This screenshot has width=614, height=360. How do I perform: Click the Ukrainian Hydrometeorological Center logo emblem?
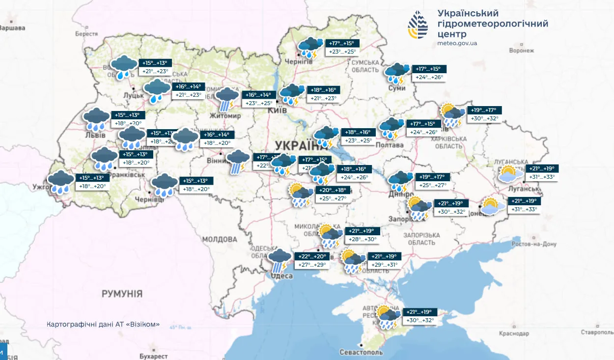tap(418, 25)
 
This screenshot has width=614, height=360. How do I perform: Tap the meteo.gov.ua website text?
tap(457, 43)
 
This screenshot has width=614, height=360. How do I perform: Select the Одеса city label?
tap(282, 276)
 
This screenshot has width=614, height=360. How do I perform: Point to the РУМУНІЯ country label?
tap(122, 294)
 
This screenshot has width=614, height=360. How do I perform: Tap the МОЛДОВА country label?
tap(220, 239)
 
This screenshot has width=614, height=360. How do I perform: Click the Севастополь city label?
tap(361, 352)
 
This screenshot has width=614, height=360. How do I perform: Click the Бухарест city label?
tap(153, 356)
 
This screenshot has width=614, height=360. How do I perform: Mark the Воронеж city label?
tap(521, 51)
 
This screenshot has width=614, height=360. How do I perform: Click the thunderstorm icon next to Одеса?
tap(280, 260)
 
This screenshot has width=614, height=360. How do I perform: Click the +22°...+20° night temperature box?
tap(312, 256)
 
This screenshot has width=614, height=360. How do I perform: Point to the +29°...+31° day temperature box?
tap(385, 265)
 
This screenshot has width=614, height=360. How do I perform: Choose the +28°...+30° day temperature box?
tap(362, 239)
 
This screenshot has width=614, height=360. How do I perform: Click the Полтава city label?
tap(389, 145)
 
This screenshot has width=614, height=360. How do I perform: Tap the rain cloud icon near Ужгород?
tap(61, 182)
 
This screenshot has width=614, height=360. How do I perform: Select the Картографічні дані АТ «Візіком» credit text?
tap(103, 325)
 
